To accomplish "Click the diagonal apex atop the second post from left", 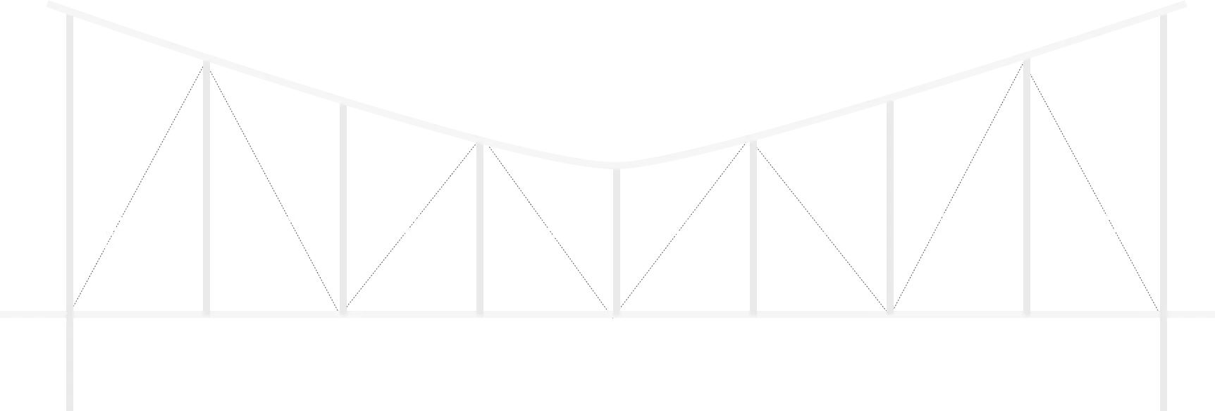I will click(x=207, y=63).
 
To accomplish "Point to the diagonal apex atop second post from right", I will click(x=1026, y=63).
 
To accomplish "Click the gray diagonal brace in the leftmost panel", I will click(x=141, y=183).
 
